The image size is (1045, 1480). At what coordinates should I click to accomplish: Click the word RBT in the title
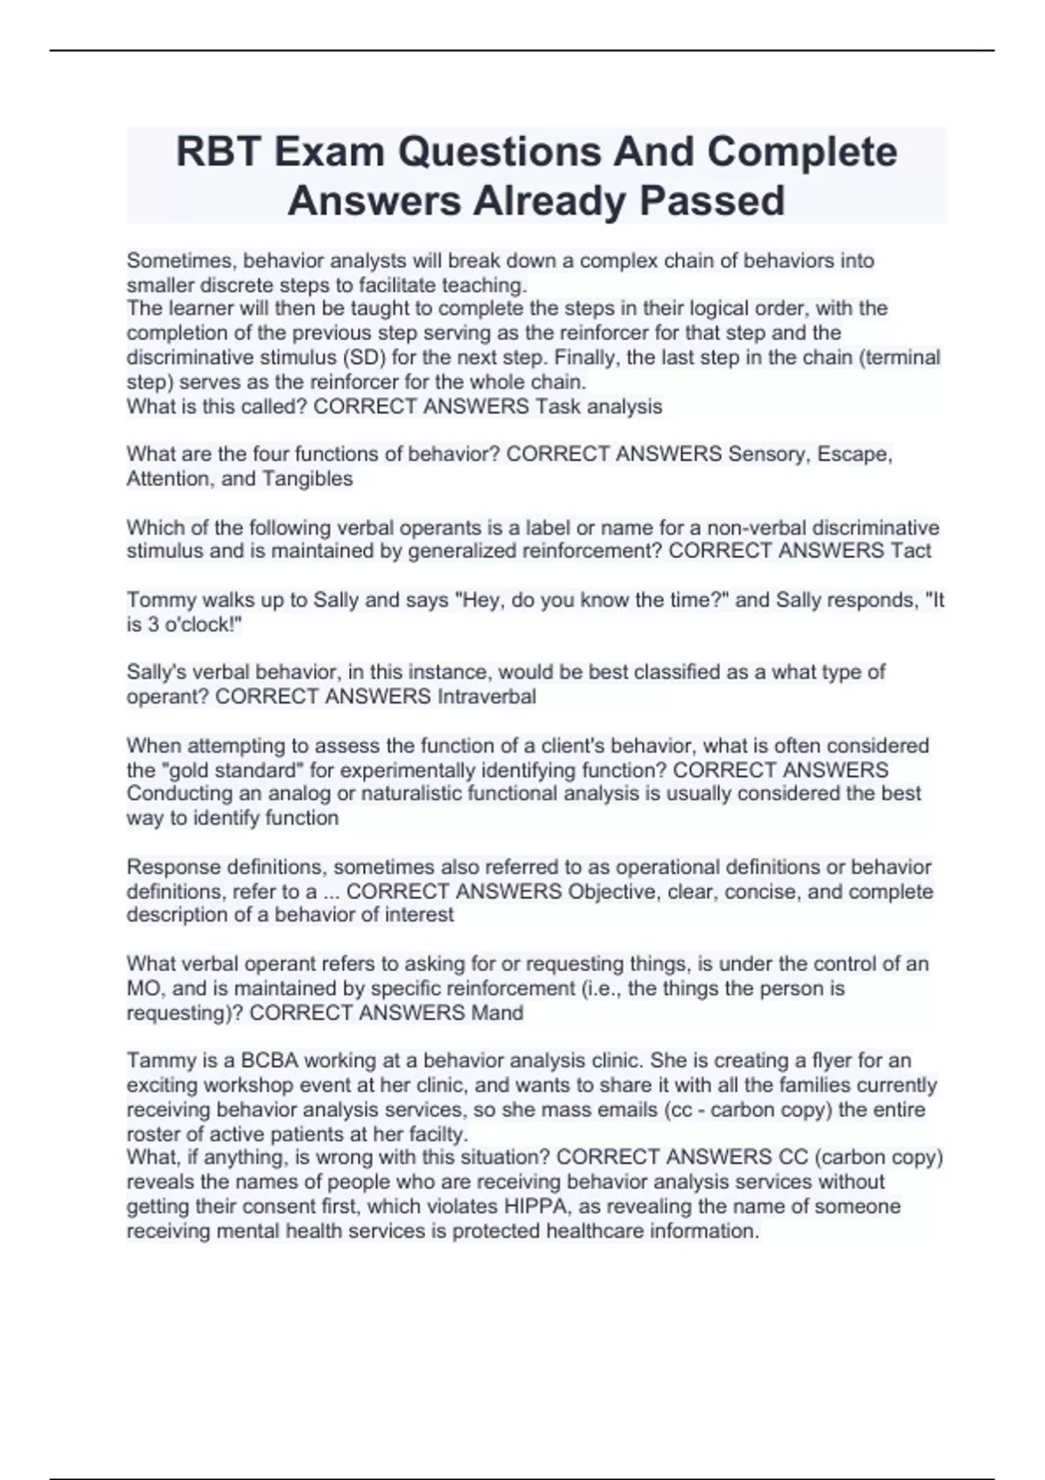pyautogui.click(x=219, y=152)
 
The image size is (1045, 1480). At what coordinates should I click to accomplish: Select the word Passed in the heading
pyautogui.click(x=712, y=201)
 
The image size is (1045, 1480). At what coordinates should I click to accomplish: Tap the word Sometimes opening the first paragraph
pyautogui.click(x=181, y=261)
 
